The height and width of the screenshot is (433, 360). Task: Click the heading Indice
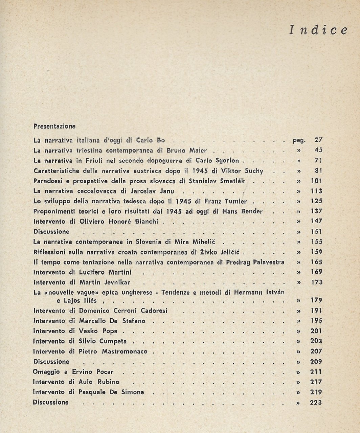pyautogui.click(x=318, y=30)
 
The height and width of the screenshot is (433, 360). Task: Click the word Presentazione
pyautogui.click(x=54, y=126)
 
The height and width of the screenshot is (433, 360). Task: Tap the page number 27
pyautogui.click(x=318, y=140)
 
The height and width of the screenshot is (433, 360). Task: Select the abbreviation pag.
pyautogui.click(x=299, y=140)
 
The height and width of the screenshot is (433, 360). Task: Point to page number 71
pyautogui.click(x=318, y=160)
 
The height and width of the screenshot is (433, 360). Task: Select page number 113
pyautogui.click(x=316, y=191)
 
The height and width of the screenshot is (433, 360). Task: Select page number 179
pyautogui.click(x=316, y=300)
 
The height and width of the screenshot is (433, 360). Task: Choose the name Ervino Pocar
pyautogui.click(x=95, y=372)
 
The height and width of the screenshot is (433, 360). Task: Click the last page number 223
pyautogui.click(x=316, y=403)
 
